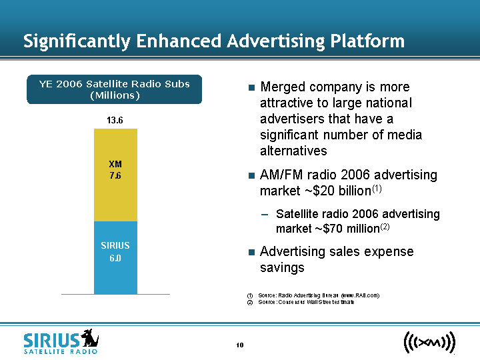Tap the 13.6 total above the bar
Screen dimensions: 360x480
pos(115,120)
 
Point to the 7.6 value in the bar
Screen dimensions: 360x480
pos(115,176)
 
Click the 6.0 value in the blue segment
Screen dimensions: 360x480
pos(115,258)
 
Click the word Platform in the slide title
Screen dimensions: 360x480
pos(367,41)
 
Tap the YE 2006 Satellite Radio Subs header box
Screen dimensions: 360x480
pos(115,89)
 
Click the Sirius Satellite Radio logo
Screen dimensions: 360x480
pos(61,341)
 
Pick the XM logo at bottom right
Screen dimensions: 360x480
pos(429,343)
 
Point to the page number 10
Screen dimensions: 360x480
pos(240,345)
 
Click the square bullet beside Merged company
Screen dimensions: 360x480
pos(251,88)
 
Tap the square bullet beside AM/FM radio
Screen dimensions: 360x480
pos(251,176)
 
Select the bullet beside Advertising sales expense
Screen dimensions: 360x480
pos(251,253)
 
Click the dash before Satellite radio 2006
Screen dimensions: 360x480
pos(265,215)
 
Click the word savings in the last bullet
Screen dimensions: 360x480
pos(282,267)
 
